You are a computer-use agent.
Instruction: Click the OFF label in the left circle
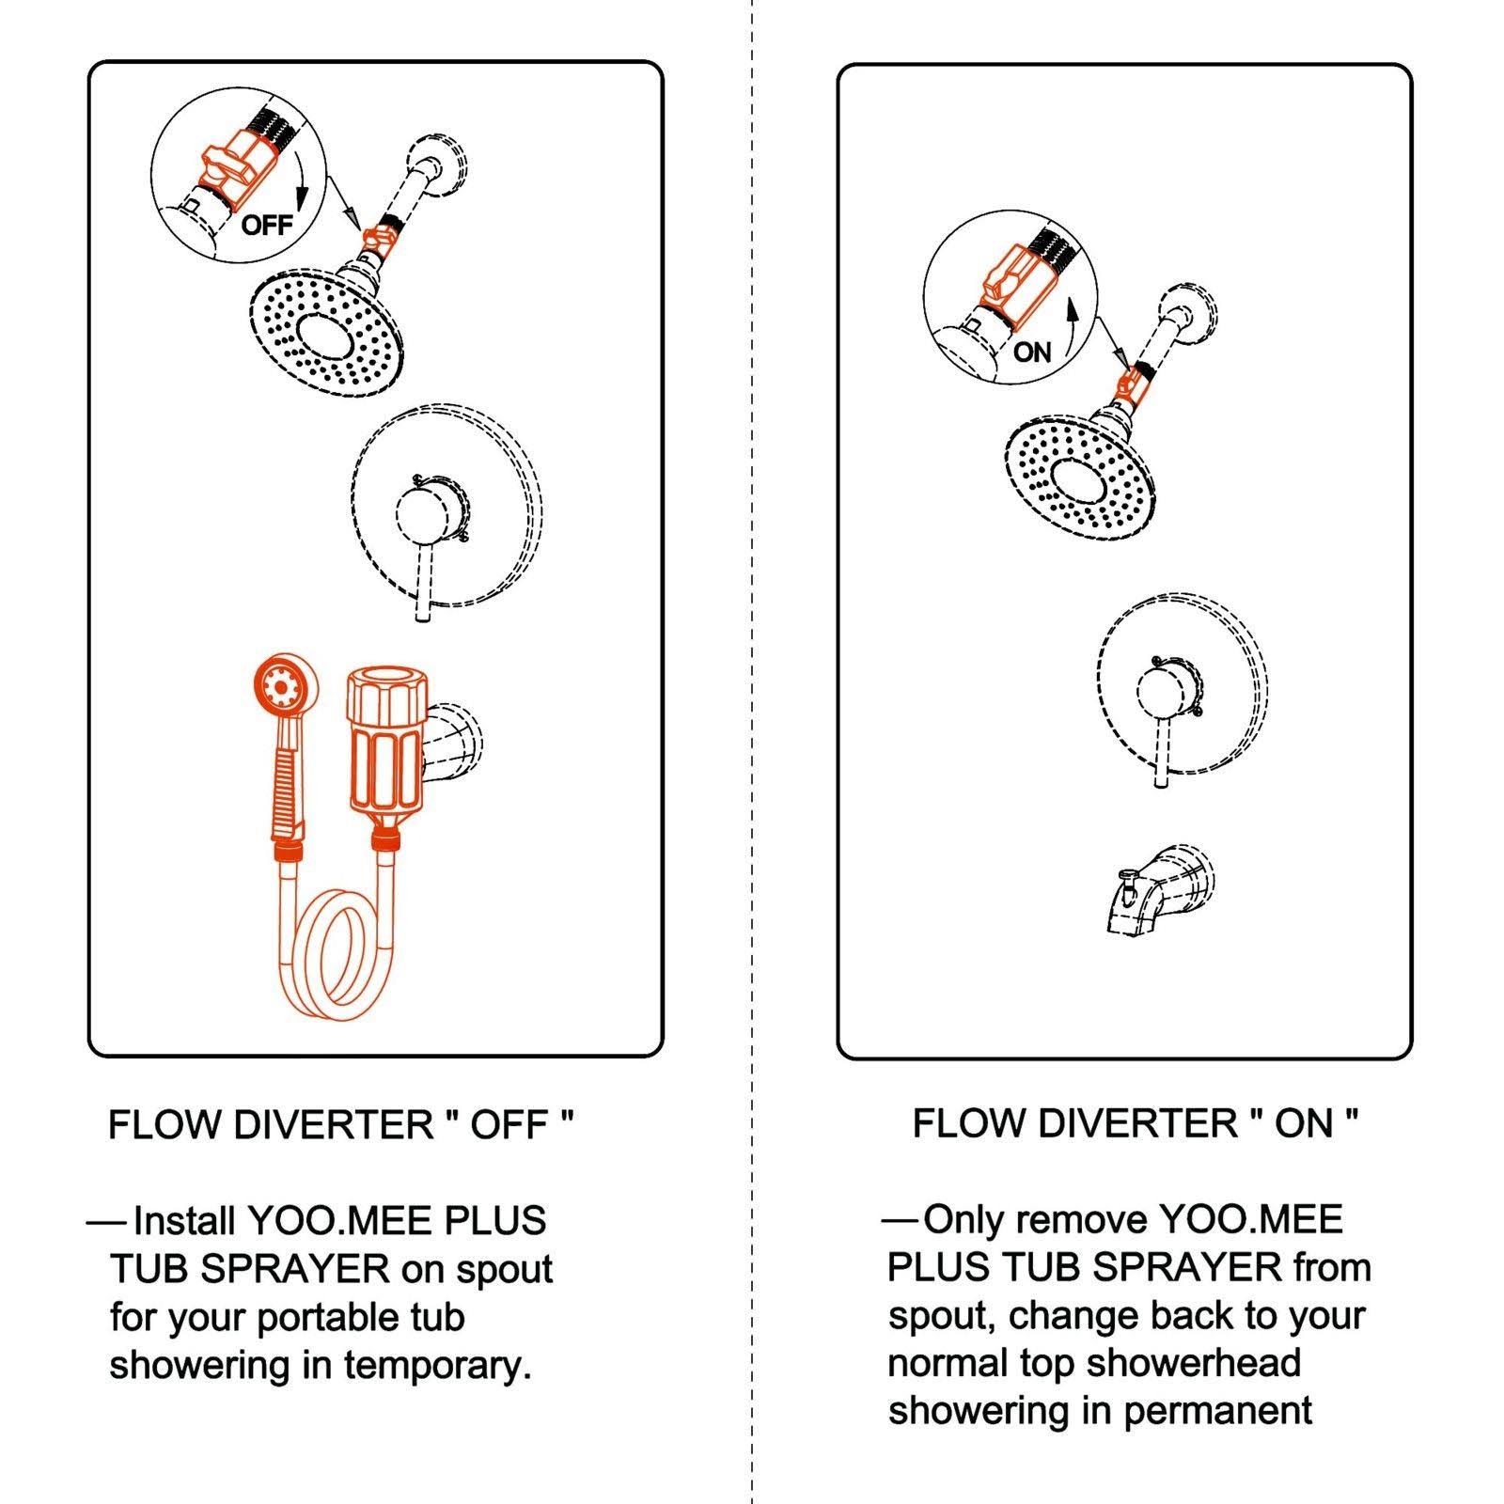point(267,225)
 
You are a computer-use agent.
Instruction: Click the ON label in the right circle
point(1032,352)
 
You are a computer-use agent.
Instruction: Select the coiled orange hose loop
point(333,953)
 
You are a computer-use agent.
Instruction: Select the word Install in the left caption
point(184,1221)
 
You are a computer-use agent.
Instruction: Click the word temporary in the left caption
point(437,1365)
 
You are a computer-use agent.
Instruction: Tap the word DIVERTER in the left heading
point(335,1124)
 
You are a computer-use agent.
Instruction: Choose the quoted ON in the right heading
point(1304,1123)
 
